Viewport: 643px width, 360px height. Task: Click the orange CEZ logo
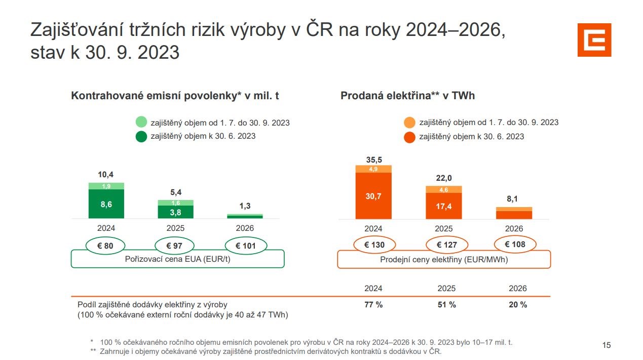[x=594, y=39]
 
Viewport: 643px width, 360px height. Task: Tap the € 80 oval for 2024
[x=105, y=246]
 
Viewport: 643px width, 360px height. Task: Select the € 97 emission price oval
[x=174, y=246]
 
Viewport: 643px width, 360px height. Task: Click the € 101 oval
[x=245, y=246]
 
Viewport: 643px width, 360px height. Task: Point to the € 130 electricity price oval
[x=374, y=245]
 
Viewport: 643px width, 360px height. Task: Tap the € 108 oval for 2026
[x=515, y=244]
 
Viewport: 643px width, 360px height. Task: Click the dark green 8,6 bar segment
[x=106, y=204]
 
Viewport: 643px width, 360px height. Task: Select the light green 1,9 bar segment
[x=106, y=186]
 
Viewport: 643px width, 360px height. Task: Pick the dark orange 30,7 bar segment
[x=373, y=196]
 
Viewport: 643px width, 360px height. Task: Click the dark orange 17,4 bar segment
[x=443, y=206]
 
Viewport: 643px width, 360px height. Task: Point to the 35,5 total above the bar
[x=374, y=160]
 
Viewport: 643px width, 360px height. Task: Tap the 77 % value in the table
[x=373, y=305]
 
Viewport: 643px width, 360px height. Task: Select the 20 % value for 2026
[x=517, y=305]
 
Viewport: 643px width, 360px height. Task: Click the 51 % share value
[x=446, y=305]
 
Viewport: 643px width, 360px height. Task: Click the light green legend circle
[x=141, y=123]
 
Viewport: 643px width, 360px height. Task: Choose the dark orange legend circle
[x=410, y=137]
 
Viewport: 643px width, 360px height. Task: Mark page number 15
[x=606, y=345]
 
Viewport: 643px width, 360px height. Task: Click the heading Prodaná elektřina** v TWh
[x=407, y=96]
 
